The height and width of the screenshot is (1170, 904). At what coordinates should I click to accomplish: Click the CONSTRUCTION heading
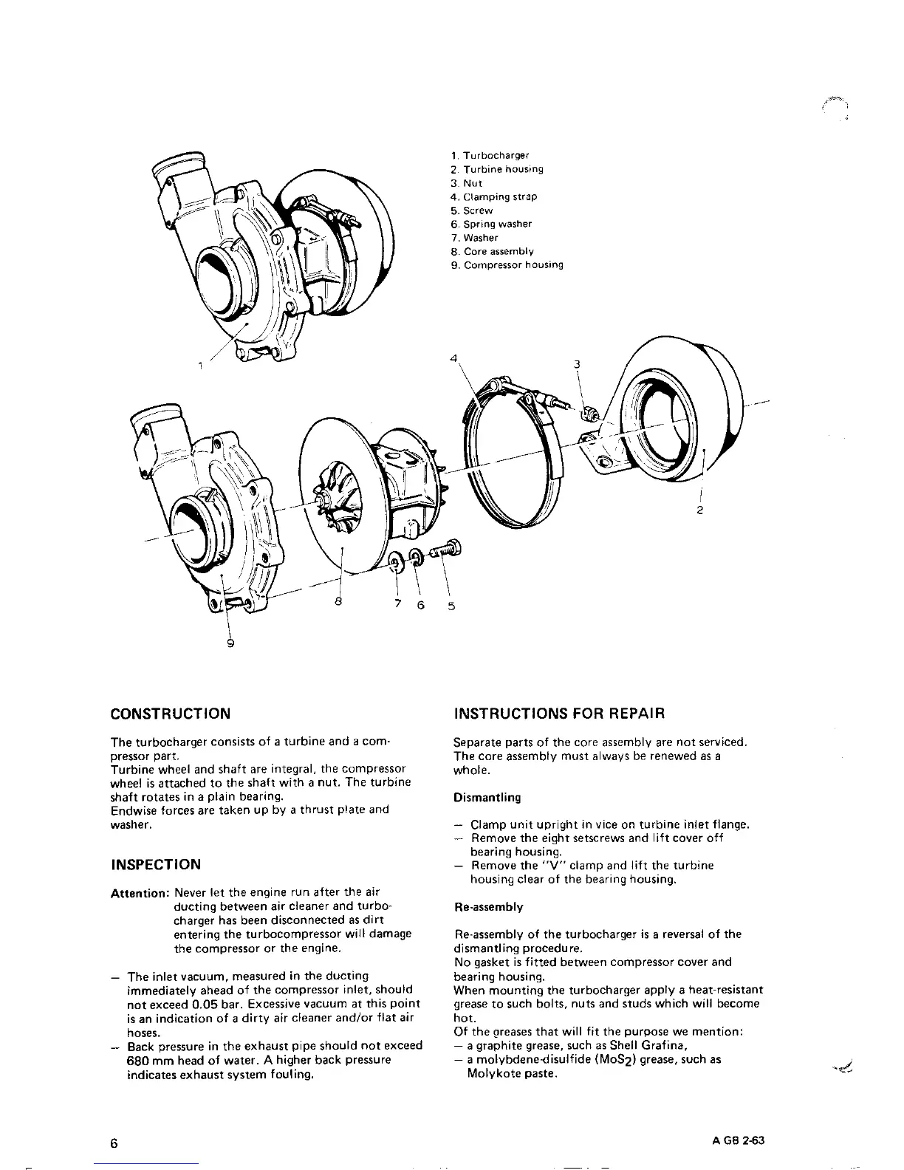coord(170,714)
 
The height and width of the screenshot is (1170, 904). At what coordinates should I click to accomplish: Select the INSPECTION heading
coord(155,864)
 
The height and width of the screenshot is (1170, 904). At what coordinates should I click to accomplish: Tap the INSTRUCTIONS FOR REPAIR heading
coord(559,714)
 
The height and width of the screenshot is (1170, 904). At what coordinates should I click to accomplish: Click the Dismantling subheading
coord(487,797)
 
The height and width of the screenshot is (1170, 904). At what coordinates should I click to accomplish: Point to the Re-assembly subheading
coord(488,906)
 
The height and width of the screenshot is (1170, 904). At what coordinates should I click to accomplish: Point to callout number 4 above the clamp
coord(453,358)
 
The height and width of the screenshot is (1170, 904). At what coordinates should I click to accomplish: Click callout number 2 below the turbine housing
coord(699,510)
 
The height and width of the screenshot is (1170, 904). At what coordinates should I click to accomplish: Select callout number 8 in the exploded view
coord(338,602)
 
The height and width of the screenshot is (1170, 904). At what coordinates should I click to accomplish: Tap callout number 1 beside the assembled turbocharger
coord(199,364)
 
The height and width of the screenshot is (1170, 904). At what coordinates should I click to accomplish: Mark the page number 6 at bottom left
coord(114,1143)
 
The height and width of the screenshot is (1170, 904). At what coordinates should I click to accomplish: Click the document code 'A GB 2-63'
coord(734,1140)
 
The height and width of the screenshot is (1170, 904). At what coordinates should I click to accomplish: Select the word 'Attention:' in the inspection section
coord(139,893)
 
